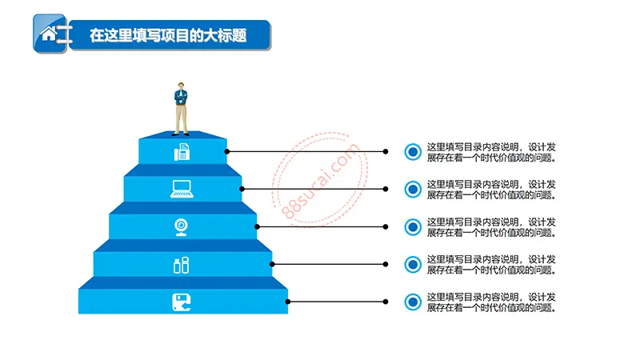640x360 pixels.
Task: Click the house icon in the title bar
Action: point(49,34)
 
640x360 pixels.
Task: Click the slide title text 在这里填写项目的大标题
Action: point(168,35)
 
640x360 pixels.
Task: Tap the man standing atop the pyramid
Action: point(181,109)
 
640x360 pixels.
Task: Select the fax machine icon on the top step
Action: point(182,152)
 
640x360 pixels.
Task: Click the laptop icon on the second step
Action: point(182,190)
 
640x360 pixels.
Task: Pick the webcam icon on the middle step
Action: point(182,227)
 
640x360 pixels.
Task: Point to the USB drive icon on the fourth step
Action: point(182,265)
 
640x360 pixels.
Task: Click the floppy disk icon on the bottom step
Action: point(182,302)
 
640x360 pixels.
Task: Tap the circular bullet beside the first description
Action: point(413,152)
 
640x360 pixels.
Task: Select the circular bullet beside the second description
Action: point(413,190)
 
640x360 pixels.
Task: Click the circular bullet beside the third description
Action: point(413,227)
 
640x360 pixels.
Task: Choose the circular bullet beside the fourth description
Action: point(413,265)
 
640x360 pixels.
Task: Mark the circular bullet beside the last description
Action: point(413,302)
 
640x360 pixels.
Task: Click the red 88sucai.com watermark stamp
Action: point(320,178)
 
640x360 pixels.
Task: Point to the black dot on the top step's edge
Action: point(227,151)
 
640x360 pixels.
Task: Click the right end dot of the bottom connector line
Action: point(386,302)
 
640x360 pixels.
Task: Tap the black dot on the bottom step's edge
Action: point(288,302)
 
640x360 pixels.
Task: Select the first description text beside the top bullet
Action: point(491,152)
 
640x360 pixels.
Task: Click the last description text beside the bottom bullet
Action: point(491,302)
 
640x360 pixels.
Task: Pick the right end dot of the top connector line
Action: point(386,151)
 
